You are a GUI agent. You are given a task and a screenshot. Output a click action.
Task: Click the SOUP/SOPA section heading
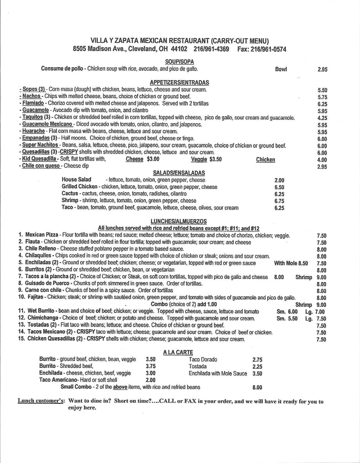click(x=179, y=62)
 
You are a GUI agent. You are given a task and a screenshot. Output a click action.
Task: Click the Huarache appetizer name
click(x=33, y=131)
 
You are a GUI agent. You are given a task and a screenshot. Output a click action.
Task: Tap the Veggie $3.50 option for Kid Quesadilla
click(x=206, y=159)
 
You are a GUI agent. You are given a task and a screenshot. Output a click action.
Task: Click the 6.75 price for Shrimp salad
click(x=279, y=201)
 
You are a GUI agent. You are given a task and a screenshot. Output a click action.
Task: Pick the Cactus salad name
click(x=69, y=194)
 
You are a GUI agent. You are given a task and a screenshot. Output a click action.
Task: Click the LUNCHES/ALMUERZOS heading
click(x=179, y=221)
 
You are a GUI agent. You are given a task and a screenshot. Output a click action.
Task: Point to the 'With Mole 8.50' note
click(x=291, y=263)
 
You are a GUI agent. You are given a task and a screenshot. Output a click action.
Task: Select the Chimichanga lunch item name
click(x=43, y=319)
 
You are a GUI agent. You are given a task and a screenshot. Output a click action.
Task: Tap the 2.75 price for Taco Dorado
click(x=258, y=359)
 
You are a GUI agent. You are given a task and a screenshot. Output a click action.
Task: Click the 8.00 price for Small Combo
click(x=257, y=388)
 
